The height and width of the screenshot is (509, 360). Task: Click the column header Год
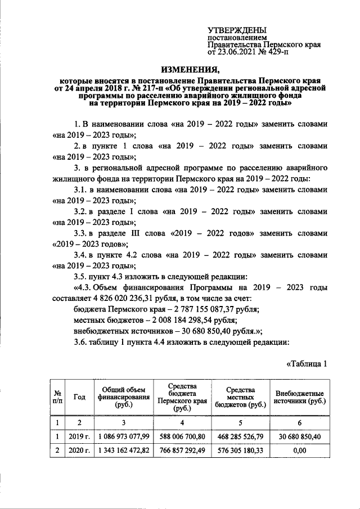pos(79,397)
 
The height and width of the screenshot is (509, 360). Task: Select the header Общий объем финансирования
pos(122,397)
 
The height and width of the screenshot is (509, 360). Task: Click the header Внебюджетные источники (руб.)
pos(299,397)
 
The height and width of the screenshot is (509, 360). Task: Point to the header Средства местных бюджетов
pos(241,397)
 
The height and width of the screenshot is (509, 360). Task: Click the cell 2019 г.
pos(79,436)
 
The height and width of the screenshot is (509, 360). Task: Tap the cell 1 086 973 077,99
pos(122,436)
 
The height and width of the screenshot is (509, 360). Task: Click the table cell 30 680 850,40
pos(299,436)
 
